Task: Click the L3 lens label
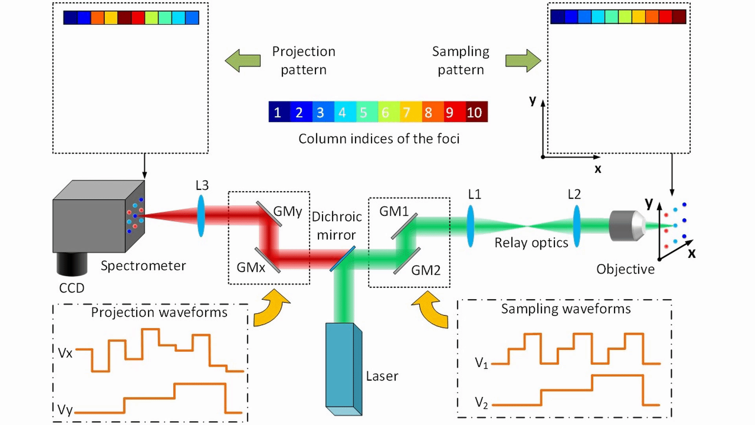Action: [202, 185]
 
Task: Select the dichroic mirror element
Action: [343, 259]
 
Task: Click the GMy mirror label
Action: [287, 212]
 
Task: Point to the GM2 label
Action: [425, 270]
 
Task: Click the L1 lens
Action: [470, 226]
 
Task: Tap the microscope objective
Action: [626, 226]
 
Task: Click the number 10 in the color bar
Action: [474, 113]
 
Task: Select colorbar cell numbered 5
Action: [363, 113]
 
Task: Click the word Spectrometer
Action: [143, 266]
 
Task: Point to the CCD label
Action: [72, 288]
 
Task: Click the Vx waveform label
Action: [65, 353]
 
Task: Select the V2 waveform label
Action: [481, 403]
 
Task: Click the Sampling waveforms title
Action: [565, 309]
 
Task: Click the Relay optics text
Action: [531, 243]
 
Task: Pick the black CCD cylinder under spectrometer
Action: [72, 264]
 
